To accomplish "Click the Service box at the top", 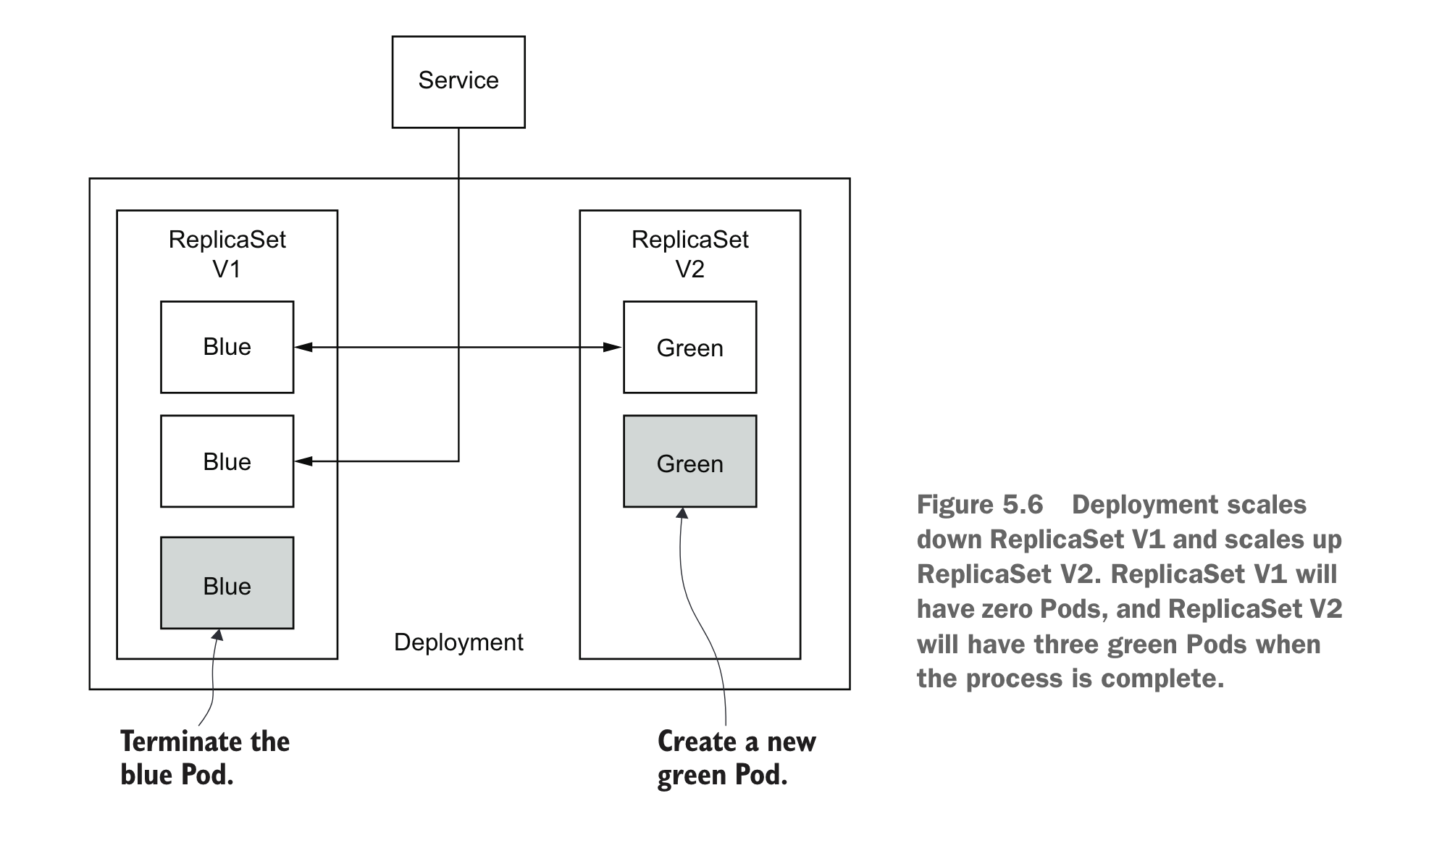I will [x=458, y=82].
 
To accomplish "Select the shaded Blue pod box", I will [x=227, y=583].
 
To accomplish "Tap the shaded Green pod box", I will [x=689, y=461].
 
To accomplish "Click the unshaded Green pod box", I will [x=689, y=348].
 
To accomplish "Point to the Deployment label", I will [x=458, y=642].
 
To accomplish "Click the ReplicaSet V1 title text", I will [x=227, y=254].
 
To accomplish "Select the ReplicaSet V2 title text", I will [x=689, y=254].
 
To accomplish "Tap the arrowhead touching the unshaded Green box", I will [x=613, y=348].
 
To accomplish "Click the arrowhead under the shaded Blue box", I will [x=217, y=635].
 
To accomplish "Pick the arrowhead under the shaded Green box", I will [x=682, y=513].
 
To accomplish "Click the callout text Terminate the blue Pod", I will [x=205, y=758].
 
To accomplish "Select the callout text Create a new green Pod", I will [x=736, y=758].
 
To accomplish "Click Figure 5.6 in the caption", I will [x=979, y=505].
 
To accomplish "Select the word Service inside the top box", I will [x=458, y=80].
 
